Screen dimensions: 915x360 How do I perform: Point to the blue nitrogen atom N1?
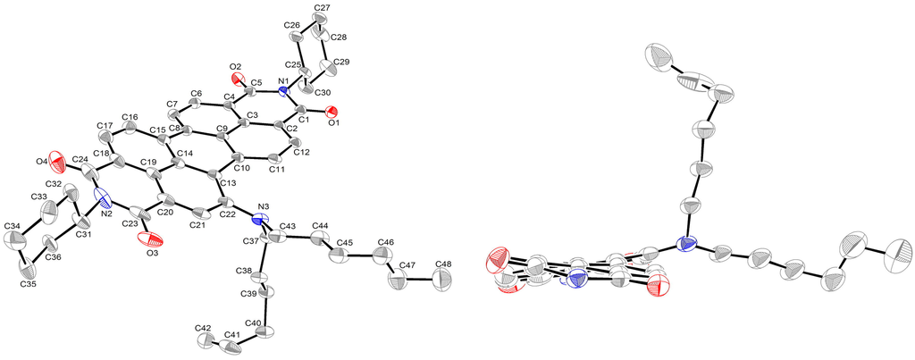(283, 91)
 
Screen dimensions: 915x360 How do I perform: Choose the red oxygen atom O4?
(57, 163)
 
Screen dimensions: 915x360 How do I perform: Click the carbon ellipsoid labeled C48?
(442, 280)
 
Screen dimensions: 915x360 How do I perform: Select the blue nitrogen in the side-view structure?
(685, 243)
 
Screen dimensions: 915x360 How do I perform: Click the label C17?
(103, 126)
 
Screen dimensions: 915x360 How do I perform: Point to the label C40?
(254, 322)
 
